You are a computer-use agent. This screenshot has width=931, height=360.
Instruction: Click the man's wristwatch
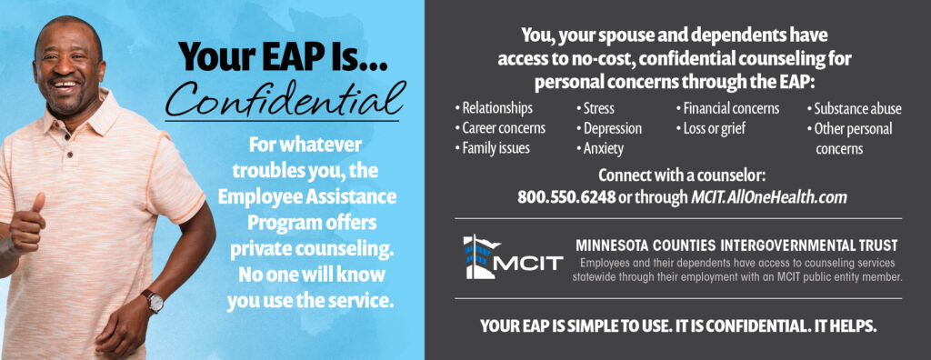152,301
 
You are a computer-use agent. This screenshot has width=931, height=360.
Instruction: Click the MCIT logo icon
481,257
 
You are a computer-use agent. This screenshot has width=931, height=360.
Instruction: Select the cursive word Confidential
282,99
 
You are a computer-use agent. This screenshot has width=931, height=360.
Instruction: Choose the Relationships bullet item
496,108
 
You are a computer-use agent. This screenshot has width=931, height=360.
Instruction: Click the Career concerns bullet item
503,128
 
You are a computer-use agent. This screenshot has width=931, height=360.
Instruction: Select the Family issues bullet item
496,147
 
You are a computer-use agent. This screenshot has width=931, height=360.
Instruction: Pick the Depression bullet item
611,128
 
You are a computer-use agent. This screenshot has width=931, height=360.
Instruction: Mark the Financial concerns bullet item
730,108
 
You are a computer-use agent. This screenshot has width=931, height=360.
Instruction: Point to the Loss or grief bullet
714,128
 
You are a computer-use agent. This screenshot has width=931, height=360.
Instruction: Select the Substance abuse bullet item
856,108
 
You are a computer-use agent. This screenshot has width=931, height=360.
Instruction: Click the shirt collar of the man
95,109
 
